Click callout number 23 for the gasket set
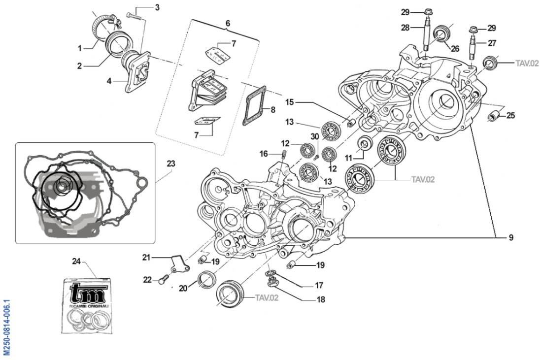[x=171, y=163]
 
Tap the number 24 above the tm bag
[x=76, y=261]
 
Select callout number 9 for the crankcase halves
[x=511, y=237]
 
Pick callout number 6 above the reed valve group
[x=228, y=23]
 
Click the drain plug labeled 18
[x=271, y=283]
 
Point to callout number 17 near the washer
[x=319, y=285]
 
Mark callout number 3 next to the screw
[x=157, y=7]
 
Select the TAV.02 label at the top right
[x=527, y=63]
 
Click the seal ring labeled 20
[x=206, y=280]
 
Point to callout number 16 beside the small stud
[x=264, y=154]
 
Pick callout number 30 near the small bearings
[x=314, y=136]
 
